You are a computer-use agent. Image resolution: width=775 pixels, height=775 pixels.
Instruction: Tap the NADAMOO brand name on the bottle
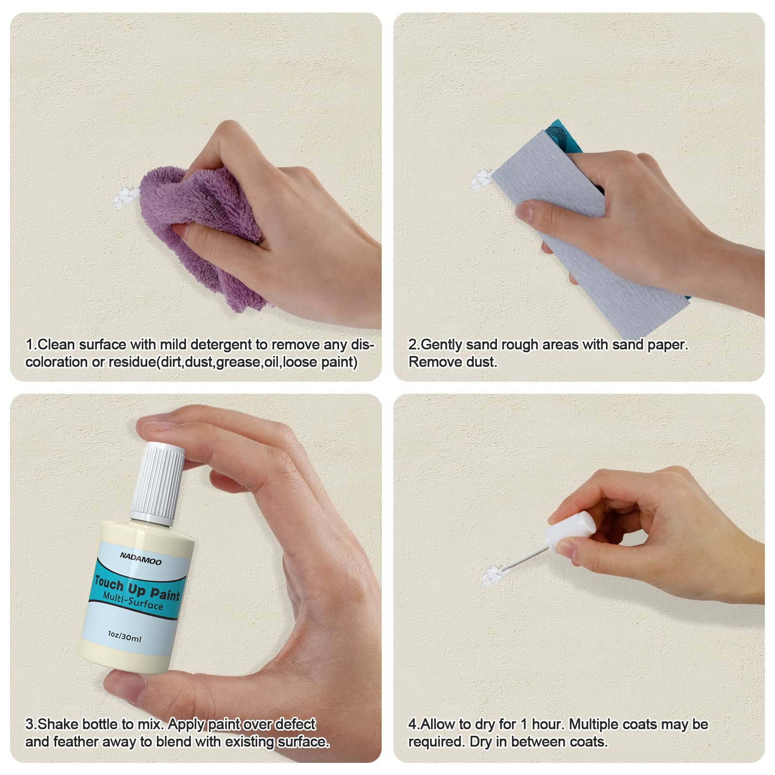(140, 559)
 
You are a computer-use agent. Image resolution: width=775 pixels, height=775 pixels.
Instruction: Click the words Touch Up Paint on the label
(137, 587)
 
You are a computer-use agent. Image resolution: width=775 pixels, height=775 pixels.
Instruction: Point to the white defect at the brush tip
(494, 575)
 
